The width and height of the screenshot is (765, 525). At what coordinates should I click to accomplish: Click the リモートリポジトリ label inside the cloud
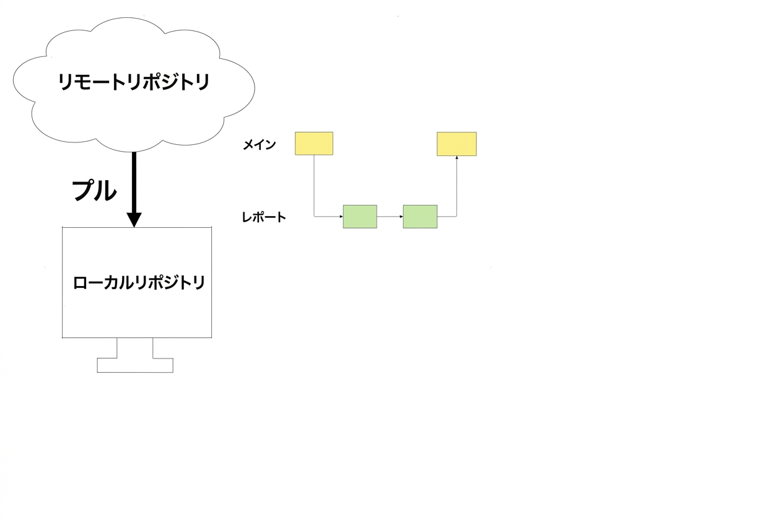click(134, 82)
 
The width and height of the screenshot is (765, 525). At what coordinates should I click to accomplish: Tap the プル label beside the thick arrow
click(94, 190)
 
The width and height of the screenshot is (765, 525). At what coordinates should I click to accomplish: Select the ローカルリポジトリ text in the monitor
click(139, 283)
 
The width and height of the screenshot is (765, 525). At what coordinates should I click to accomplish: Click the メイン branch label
click(259, 145)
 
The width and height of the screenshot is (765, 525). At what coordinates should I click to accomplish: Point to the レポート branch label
click(264, 217)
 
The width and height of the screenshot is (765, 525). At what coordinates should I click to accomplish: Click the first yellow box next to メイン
click(314, 144)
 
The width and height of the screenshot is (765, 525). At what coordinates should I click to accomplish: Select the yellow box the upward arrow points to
click(457, 144)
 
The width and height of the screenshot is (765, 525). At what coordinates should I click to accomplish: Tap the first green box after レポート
click(360, 217)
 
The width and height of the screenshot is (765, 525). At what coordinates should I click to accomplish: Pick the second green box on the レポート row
click(420, 217)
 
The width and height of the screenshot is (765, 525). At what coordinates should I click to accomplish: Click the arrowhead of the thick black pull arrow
click(134, 220)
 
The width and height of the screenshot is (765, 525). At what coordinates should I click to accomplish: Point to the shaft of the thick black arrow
click(134, 182)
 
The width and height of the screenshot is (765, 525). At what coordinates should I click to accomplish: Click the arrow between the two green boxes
click(390, 217)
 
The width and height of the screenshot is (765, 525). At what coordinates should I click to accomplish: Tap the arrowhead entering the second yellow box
click(457, 157)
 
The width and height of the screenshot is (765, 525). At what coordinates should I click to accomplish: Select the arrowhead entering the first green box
click(341, 217)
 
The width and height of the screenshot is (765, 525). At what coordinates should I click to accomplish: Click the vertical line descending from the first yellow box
click(314, 185)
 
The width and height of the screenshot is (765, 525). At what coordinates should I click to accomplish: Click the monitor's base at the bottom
click(135, 365)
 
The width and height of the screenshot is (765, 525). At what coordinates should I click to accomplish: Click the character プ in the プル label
click(84, 190)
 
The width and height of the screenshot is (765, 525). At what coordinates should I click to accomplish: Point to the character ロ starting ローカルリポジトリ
click(81, 284)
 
